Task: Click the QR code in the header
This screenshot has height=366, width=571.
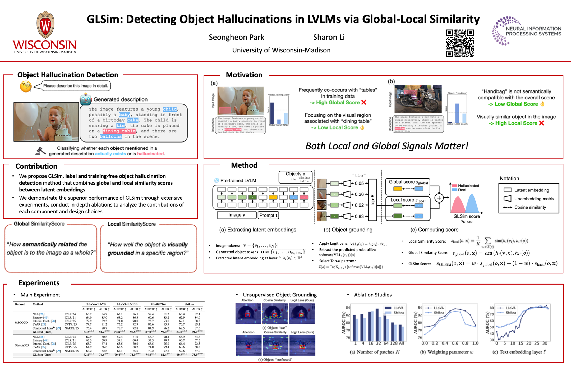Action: (460, 43)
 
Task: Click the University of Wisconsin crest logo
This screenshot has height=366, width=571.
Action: (45, 25)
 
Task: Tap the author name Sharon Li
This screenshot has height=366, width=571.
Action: (329, 37)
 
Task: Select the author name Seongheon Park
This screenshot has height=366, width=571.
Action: (236, 37)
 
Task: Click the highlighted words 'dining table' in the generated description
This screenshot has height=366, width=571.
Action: (119, 131)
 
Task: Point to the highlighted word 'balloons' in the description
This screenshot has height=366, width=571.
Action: (111, 136)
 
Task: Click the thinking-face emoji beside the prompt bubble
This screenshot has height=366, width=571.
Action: (26, 86)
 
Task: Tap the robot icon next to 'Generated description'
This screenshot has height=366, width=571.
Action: (86, 99)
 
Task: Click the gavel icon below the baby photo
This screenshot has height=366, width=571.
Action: (40, 151)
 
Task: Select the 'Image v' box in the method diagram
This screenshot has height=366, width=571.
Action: (237, 215)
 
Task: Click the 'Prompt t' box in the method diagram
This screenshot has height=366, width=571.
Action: (268, 215)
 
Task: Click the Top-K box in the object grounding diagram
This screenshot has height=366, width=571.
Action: (372, 200)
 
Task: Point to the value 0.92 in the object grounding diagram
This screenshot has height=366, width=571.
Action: (359, 205)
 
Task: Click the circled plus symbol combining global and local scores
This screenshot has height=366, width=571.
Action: (439, 198)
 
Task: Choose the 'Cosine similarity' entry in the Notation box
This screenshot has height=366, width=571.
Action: (530, 207)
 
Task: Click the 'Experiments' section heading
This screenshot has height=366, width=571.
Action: (39, 283)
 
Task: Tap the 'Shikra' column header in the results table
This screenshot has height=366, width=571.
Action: (189, 304)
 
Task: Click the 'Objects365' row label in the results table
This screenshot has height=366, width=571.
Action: (21, 345)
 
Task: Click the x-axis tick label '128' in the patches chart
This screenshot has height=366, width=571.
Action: (394, 343)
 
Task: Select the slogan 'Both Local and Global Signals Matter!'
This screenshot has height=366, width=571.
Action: (387, 146)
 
